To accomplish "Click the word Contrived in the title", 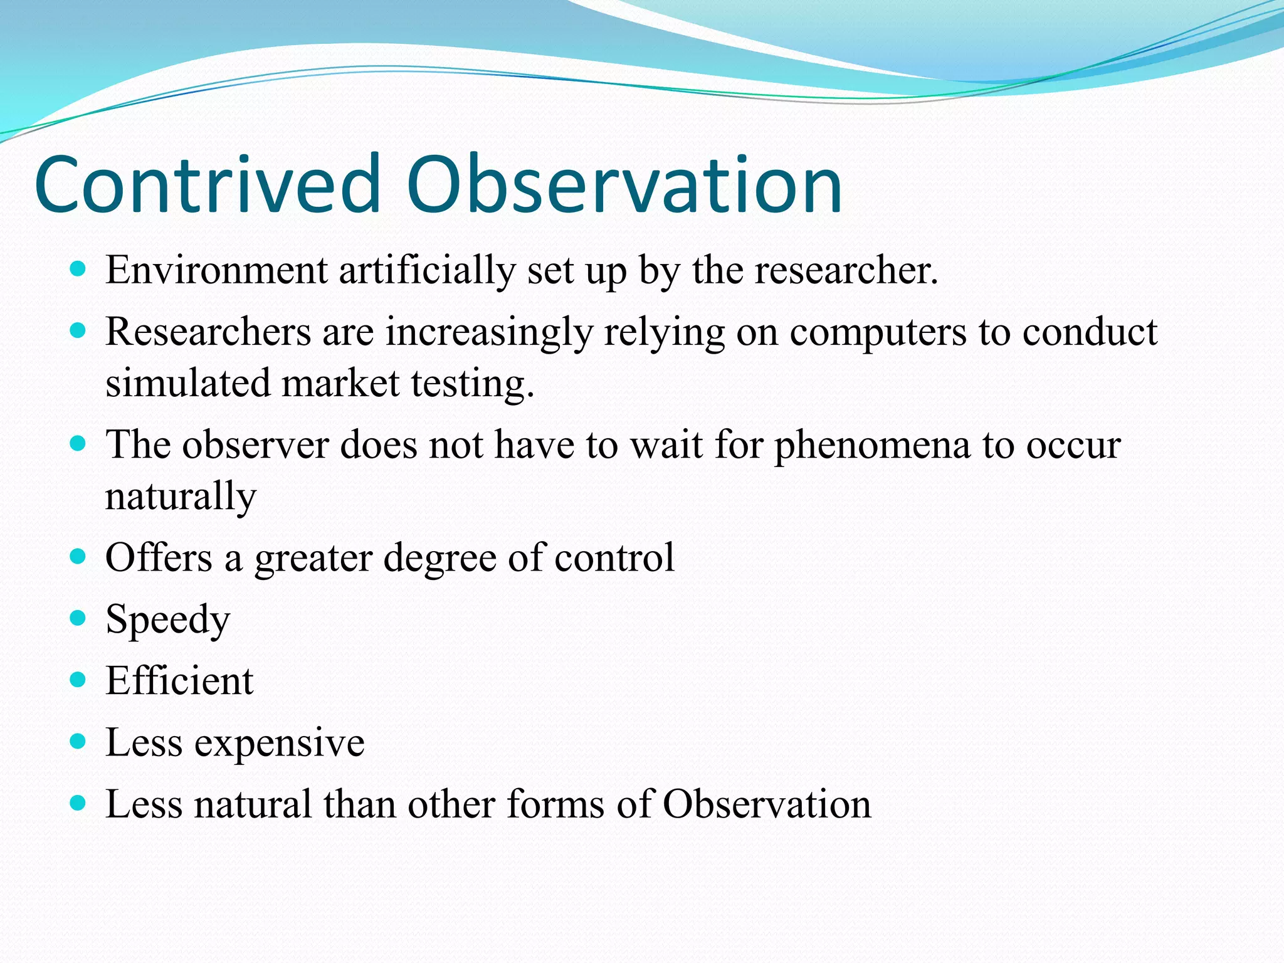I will tap(207, 185).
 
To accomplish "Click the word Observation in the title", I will tap(624, 185).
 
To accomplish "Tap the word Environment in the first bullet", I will tap(216, 271).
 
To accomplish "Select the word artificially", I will tap(426, 271).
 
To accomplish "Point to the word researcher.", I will tap(846, 271).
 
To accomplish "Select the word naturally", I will tap(181, 497).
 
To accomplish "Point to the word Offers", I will tap(159, 557).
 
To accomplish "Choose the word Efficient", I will tap(179, 681).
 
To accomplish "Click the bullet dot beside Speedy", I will tap(78, 618).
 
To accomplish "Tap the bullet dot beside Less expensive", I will tap(78, 742).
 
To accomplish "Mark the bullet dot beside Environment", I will tap(78, 270).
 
